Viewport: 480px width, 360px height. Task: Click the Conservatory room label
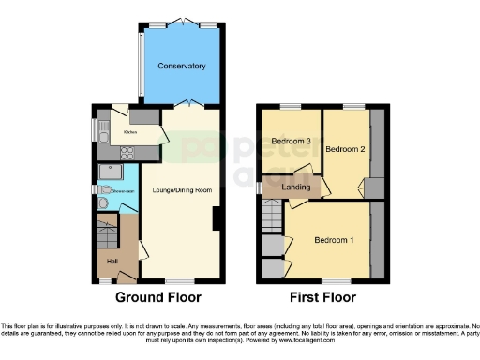point(182,66)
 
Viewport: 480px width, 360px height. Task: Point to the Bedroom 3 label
point(292,142)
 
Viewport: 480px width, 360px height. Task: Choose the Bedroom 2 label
point(343,149)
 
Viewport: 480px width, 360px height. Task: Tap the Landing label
point(297,187)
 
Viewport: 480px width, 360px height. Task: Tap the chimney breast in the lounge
point(217,219)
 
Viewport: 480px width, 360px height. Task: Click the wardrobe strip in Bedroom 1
point(377,240)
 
